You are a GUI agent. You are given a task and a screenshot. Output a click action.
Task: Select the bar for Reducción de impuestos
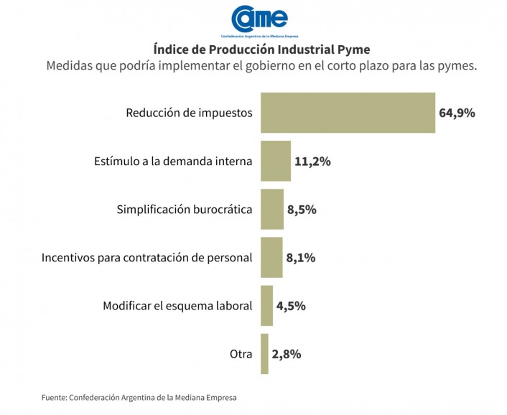tap(348, 113)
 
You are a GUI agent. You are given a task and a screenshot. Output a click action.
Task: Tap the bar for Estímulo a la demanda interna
tap(275, 161)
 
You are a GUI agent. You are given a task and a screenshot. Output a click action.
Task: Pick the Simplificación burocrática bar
tap(271, 209)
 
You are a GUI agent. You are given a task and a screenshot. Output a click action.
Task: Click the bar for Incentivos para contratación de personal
tap(271, 257)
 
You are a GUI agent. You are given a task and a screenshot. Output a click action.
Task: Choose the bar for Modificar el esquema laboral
tap(266, 305)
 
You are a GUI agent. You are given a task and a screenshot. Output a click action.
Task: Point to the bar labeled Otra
tap(264, 353)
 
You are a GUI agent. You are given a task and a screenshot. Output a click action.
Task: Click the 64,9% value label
tap(457, 113)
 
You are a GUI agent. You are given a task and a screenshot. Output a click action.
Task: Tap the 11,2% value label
tap(312, 162)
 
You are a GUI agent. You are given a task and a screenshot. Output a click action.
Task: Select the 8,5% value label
tap(302, 210)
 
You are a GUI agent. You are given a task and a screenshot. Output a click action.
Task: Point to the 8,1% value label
tap(301, 258)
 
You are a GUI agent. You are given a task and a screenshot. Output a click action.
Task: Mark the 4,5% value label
tap(291, 306)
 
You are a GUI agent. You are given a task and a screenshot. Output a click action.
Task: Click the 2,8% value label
tap(286, 354)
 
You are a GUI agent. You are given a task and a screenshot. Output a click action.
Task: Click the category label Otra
tap(241, 354)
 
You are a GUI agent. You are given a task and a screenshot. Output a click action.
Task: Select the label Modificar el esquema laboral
tap(177, 306)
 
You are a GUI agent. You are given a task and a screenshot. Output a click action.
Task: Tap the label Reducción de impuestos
tap(189, 113)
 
